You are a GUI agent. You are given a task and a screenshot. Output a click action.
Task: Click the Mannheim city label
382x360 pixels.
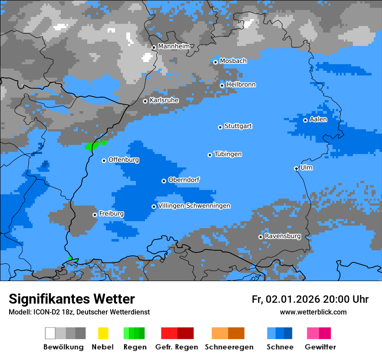tap(174, 46)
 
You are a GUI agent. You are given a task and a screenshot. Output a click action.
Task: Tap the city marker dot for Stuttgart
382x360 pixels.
tap(221, 127)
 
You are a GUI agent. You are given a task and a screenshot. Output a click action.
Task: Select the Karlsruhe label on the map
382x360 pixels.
tap(164, 100)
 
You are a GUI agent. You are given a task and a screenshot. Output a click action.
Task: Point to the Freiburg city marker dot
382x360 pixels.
tap(95, 215)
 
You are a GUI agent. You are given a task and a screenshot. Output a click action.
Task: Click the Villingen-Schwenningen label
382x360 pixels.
tap(194, 206)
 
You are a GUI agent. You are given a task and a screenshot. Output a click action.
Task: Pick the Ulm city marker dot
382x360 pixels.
tap(296, 168)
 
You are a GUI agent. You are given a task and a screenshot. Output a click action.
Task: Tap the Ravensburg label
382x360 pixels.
tap(283, 236)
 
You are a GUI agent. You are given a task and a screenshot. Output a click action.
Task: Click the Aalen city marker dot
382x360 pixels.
tap(305, 120)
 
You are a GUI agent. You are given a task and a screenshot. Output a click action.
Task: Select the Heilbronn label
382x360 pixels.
tap(241, 85)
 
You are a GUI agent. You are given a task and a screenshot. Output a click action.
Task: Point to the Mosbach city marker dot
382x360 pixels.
tap(215, 62)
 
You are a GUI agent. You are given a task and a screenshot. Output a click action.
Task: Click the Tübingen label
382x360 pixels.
tap(228, 154)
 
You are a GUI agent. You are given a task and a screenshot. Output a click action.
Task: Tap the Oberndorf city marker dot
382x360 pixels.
tap(164, 181)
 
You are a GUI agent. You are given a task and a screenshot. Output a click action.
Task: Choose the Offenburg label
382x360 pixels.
tap(124, 160)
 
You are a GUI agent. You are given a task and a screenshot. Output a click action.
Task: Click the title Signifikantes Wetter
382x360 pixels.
tap(72, 299)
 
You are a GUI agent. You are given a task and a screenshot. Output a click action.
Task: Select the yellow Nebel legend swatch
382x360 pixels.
tap(103, 333)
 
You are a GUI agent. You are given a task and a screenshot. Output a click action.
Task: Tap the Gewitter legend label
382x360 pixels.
tap(320, 347)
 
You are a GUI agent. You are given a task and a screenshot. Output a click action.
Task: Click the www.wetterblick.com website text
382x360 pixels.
tap(313, 312)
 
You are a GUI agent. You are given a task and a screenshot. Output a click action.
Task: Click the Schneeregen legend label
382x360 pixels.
tap(229, 347)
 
